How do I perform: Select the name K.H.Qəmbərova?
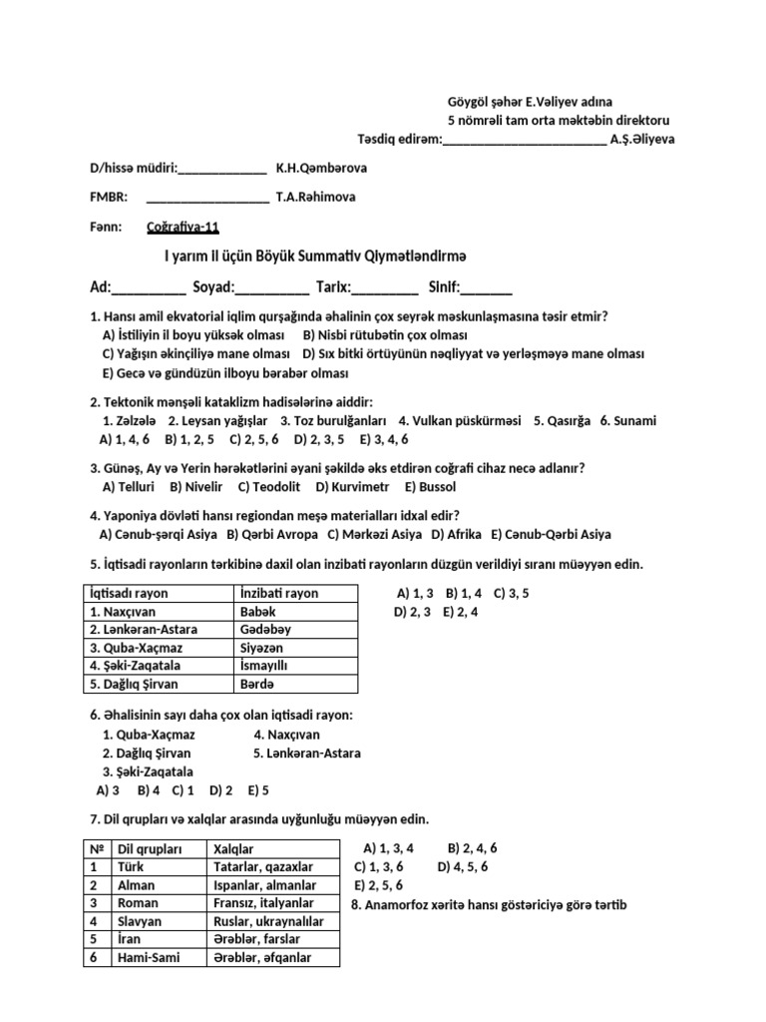(x=321, y=169)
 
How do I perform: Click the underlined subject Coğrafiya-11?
(x=182, y=227)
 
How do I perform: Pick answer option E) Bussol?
(x=430, y=487)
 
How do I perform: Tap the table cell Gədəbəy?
(x=265, y=630)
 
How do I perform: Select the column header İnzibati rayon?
(x=279, y=593)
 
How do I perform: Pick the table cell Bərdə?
(x=256, y=684)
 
